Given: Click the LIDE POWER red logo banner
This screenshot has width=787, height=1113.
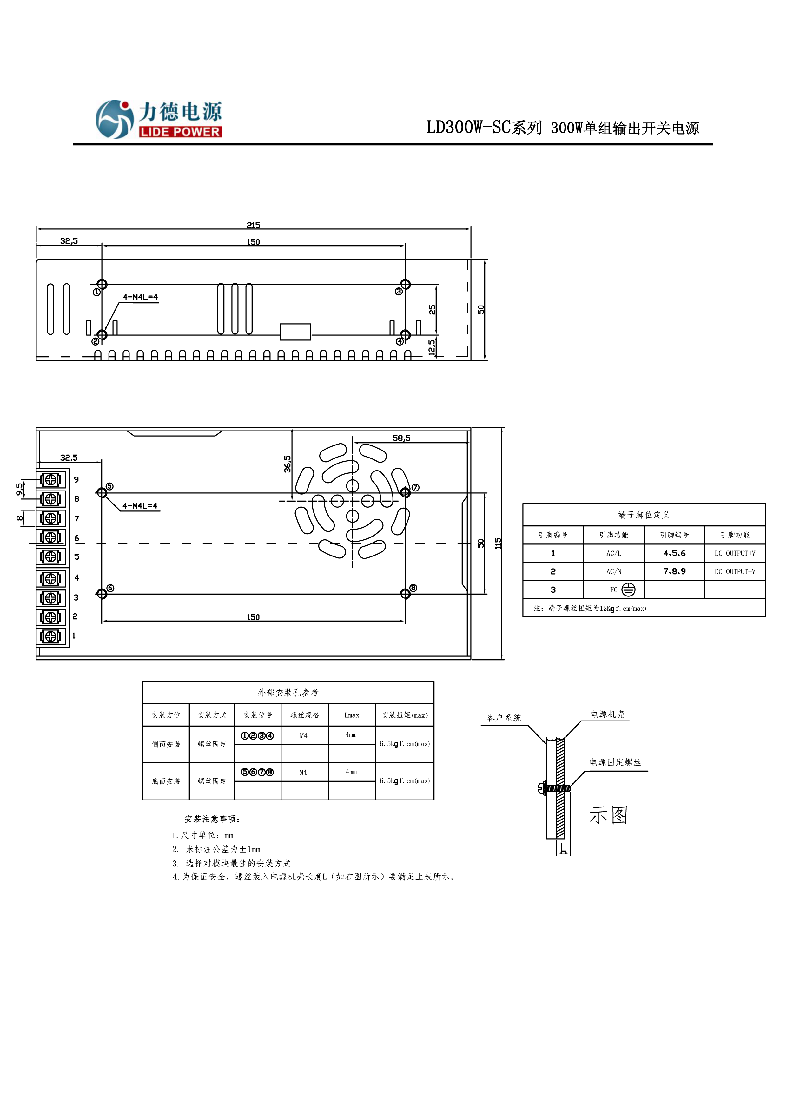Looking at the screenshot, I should tap(180, 132).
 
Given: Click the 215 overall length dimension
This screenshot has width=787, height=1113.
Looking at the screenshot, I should tap(253, 225).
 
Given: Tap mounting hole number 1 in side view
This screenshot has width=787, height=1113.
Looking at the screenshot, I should tap(102, 285).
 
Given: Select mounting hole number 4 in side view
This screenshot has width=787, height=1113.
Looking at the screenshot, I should tap(405, 335).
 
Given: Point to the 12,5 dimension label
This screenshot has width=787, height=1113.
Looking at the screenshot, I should tap(432, 347).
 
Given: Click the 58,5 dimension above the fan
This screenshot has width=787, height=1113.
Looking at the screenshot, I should tap(401, 438).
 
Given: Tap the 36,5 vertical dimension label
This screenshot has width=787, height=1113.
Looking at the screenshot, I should tap(288, 464).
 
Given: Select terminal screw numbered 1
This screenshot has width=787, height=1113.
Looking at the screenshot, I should tap(51, 636).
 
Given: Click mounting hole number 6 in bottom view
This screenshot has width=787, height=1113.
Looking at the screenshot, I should tap(102, 594).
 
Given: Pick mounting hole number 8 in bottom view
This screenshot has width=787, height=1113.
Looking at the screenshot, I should tap(405, 594).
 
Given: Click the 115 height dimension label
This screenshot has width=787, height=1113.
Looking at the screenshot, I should tap(498, 543).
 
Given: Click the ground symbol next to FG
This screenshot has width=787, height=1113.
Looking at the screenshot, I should tap(628, 590).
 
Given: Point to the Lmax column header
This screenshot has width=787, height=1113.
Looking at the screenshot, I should tap(352, 715).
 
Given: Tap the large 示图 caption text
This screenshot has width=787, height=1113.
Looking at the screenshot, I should tap(609, 815).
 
